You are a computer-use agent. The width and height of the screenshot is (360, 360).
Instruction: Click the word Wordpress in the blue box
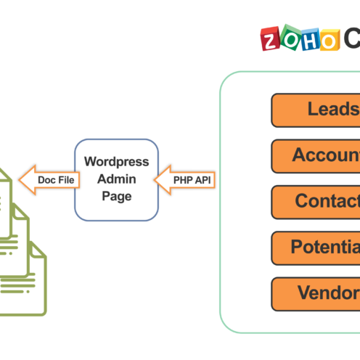(x=116, y=161)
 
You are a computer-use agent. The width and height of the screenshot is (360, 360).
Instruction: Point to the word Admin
(x=116, y=179)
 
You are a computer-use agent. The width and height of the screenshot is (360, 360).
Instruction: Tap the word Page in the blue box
(x=116, y=196)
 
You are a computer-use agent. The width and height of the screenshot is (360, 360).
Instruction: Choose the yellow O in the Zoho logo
(x=328, y=40)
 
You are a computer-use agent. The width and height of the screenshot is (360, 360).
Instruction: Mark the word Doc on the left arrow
(x=46, y=179)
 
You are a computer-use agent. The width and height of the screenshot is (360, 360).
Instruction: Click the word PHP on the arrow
(x=182, y=179)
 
